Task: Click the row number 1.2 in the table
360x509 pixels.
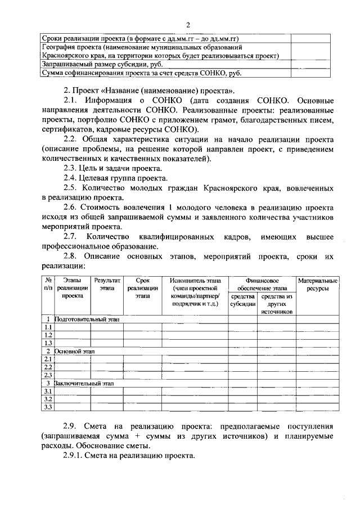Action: (x=48, y=335)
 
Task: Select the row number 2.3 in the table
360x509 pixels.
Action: (x=48, y=375)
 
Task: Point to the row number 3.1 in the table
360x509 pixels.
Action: (x=48, y=391)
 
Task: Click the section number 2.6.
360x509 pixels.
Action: (x=70, y=207)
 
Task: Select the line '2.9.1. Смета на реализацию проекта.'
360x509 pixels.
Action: (x=129, y=456)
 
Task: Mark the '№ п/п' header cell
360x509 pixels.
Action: (x=48, y=285)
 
